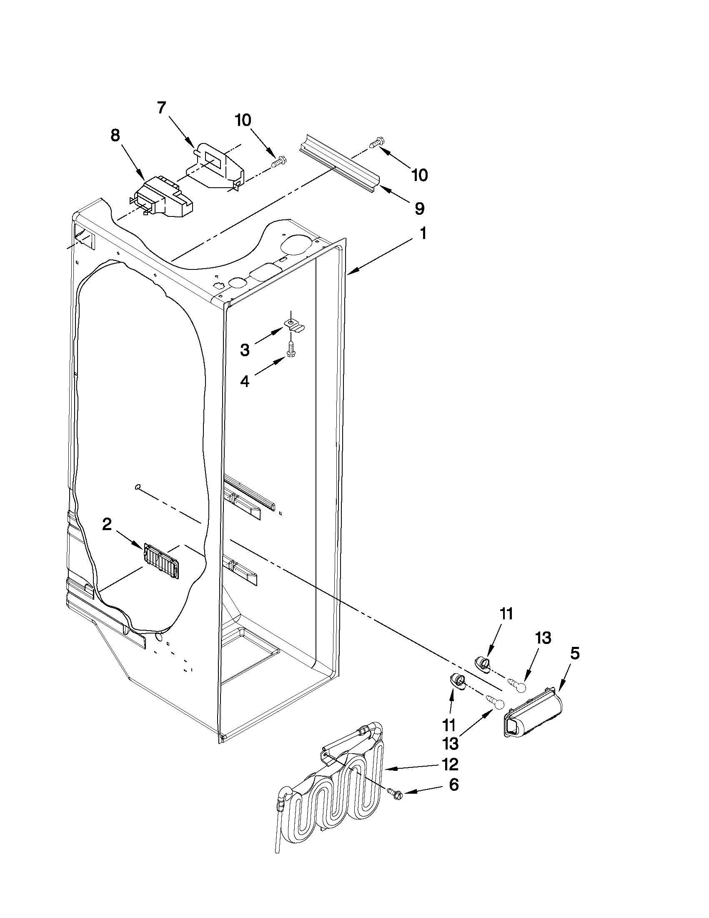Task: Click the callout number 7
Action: [x=161, y=108]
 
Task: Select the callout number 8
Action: [x=115, y=136]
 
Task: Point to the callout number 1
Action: [x=423, y=233]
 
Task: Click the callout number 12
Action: [x=450, y=764]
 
